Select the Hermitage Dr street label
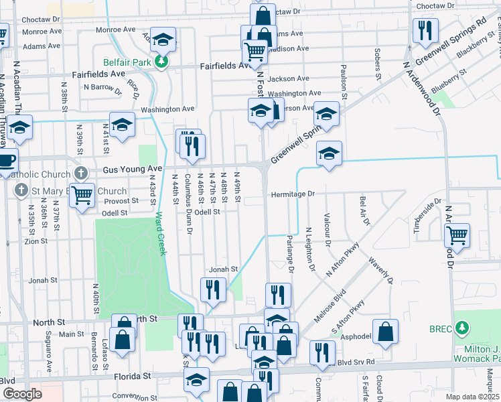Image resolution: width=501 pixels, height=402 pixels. click(x=293, y=194)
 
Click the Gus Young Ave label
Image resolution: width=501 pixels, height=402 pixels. click(x=133, y=170)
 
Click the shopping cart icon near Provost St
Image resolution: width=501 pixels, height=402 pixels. click(x=82, y=196)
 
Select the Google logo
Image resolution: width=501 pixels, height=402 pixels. click(x=23, y=394)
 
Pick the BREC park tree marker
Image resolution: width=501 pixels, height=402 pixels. click(x=461, y=328)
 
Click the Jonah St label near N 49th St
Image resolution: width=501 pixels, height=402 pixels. click(x=224, y=269)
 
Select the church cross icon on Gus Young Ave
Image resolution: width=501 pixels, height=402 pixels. click(x=81, y=173)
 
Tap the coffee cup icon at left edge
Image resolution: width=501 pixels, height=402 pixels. click(x=6, y=161)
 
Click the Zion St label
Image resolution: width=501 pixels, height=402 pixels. click(x=36, y=241)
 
